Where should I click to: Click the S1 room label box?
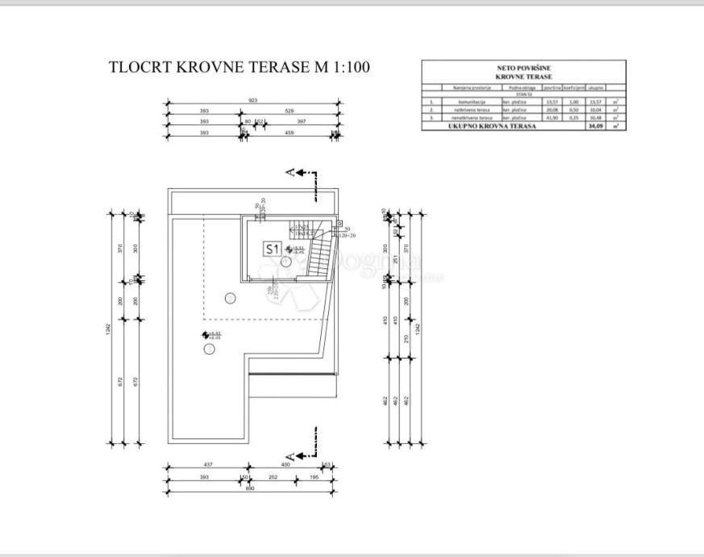(x=272, y=249)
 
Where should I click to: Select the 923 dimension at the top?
(x=252, y=100)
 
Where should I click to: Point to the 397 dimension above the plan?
(x=302, y=122)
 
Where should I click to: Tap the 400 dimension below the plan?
(x=285, y=465)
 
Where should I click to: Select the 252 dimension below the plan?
(x=273, y=477)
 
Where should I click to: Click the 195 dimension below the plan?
(x=314, y=477)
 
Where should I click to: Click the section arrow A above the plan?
(x=291, y=171)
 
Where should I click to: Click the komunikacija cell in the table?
(x=465, y=103)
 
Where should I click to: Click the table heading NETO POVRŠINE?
(x=523, y=69)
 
